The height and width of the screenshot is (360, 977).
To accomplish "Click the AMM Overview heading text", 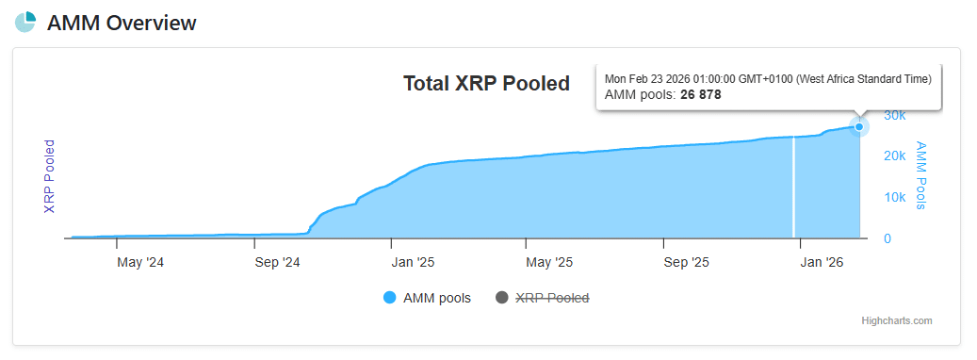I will [x=122, y=24].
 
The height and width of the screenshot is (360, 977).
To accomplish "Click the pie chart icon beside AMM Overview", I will [x=25, y=23].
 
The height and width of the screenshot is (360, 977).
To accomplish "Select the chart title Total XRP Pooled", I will [x=486, y=84].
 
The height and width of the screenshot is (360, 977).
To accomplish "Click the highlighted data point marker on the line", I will [x=858, y=126].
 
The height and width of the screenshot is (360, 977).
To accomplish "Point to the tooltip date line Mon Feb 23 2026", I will [x=768, y=78].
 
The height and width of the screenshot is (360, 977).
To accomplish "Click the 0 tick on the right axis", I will [x=887, y=238].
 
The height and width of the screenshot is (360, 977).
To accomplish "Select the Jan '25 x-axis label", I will [x=413, y=262].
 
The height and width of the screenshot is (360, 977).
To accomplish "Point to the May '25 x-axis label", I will [x=549, y=262].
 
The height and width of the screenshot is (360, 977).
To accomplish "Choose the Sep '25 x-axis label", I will [x=687, y=262].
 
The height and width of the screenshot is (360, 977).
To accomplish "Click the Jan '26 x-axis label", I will [x=822, y=262].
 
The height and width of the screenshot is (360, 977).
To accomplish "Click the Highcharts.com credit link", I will [x=896, y=321].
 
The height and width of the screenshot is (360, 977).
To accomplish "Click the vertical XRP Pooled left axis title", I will [x=50, y=176].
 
